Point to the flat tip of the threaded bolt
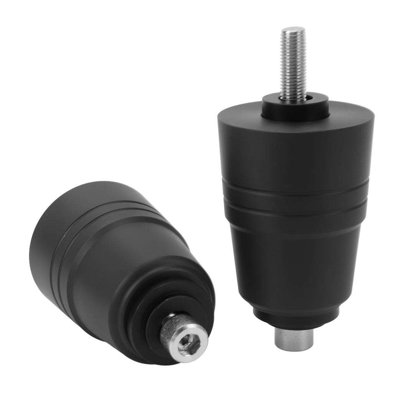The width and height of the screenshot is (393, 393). pos(292,30)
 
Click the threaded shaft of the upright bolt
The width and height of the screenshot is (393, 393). pos(292,65)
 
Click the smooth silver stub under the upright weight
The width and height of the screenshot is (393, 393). pos(294,338)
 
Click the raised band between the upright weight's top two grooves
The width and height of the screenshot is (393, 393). pos(296,196)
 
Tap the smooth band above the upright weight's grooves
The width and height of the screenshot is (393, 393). pos(296,157)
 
